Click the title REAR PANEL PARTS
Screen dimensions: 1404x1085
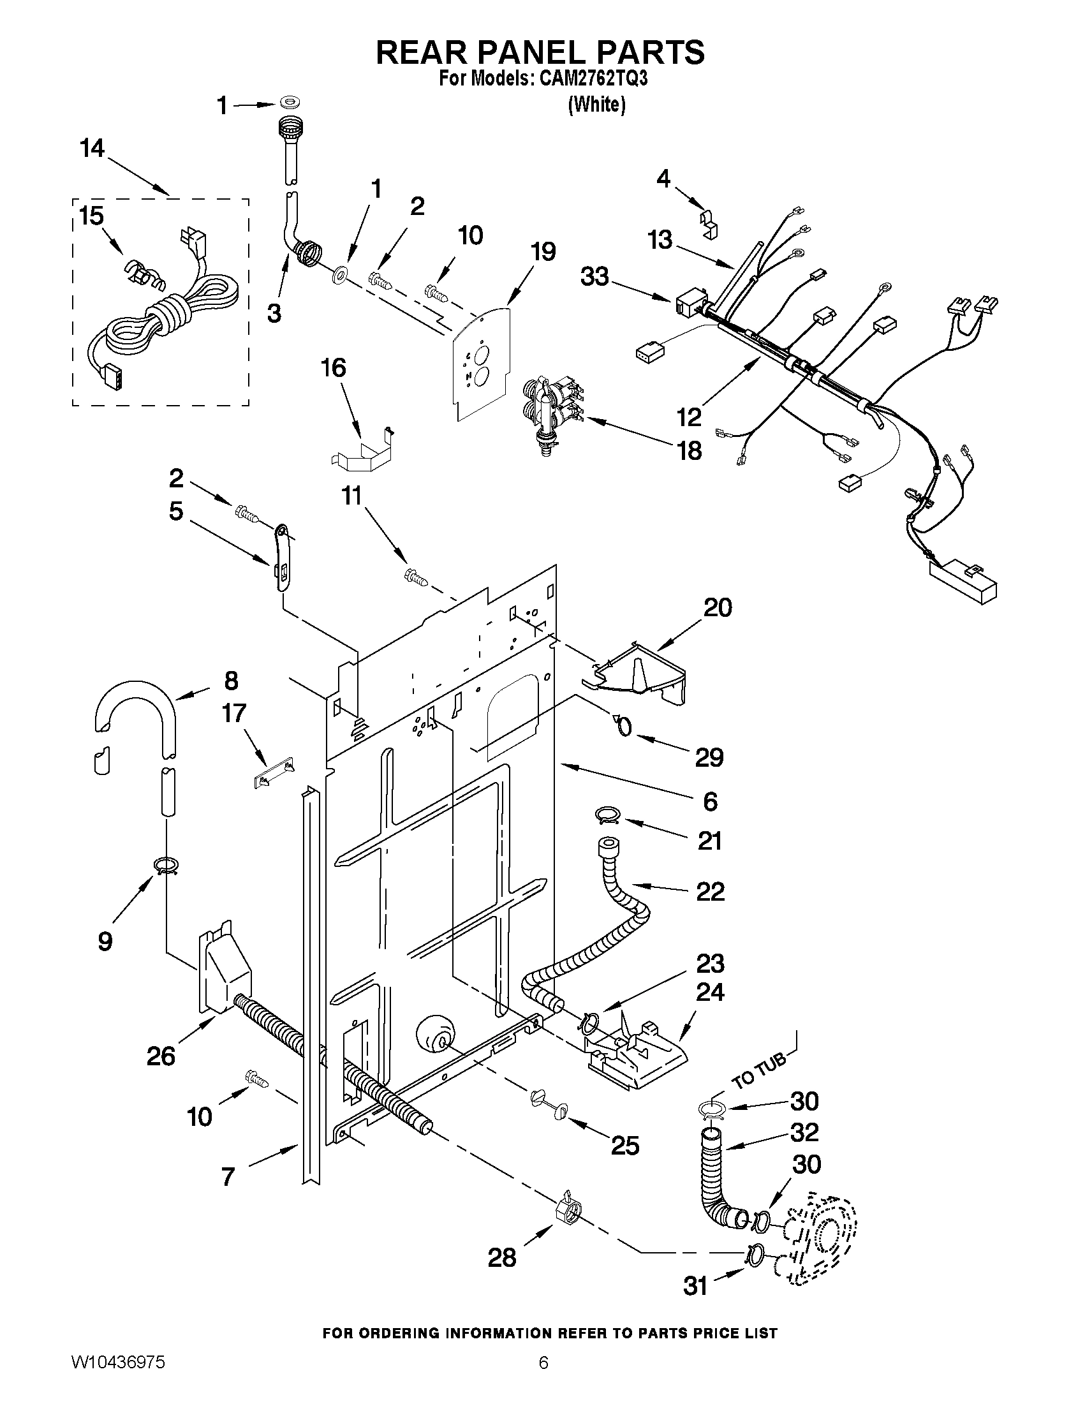pyautogui.click(x=540, y=52)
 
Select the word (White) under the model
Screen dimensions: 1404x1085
pyautogui.click(x=596, y=104)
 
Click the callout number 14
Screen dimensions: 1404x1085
pyautogui.click(x=92, y=149)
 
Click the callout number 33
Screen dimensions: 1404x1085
pyautogui.click(x=594, y=277)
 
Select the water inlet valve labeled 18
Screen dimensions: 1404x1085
pyautogui.click(x=551, y=415)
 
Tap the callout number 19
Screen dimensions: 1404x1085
pyautogui.click(x=543, y=252)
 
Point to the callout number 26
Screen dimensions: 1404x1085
pyautogui.click(x=161, y=1056)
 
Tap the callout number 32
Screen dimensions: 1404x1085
pyautogui.click(x=804, y=1132)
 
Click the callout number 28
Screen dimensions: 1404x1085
pyautogui.click(x=501, y=1257)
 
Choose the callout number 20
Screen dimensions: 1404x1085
pyautogui.click(x=718, y=607)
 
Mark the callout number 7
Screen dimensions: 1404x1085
pyautogui.click(x=228, y=1177)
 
